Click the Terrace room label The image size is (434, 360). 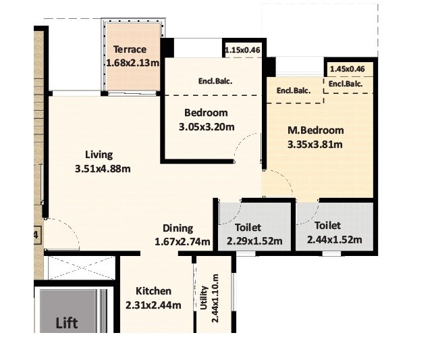(130, 49)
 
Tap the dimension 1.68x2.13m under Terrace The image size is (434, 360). (132, 63)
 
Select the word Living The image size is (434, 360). (99, 155)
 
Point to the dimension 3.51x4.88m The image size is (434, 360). (103, 169)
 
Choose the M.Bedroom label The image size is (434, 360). (315, 130)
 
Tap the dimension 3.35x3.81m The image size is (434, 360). (315, 144)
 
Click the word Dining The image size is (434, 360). (178, 228)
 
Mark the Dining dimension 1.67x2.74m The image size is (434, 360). (182, 242)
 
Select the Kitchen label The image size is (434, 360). (153, 291)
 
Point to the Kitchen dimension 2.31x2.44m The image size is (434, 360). (153, 305)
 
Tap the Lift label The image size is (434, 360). (66, 323)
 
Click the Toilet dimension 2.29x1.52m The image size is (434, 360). (254, 240)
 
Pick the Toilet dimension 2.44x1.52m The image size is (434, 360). (333, 240)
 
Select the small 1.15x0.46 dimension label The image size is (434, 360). (242, 49)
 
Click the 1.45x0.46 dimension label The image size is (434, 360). (348, 69)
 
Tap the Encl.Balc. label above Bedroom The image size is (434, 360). (215, 81)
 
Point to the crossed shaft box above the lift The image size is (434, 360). (78, 269)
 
